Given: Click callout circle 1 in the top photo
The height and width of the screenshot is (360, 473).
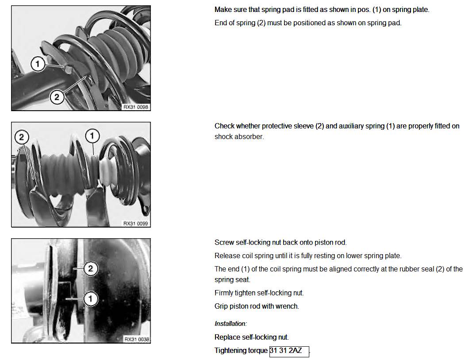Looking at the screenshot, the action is (38, 64).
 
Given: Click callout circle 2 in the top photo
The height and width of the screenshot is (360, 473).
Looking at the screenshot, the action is (57, 97).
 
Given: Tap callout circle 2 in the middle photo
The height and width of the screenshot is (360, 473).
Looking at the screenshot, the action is (21, 137).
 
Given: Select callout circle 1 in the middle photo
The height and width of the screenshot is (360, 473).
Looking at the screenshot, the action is (92, 136).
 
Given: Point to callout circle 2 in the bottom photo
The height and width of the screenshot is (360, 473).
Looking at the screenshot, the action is (91, 268).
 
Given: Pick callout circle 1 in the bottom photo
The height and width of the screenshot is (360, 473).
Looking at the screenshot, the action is (91, 299).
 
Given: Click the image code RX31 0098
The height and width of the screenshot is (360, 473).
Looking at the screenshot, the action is (136, 107).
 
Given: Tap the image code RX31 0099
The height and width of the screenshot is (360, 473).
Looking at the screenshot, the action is (136, 223).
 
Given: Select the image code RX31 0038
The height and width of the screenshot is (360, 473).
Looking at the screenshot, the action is (137, 340).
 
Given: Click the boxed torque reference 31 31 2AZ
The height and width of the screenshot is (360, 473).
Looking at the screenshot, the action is (289, 351).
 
